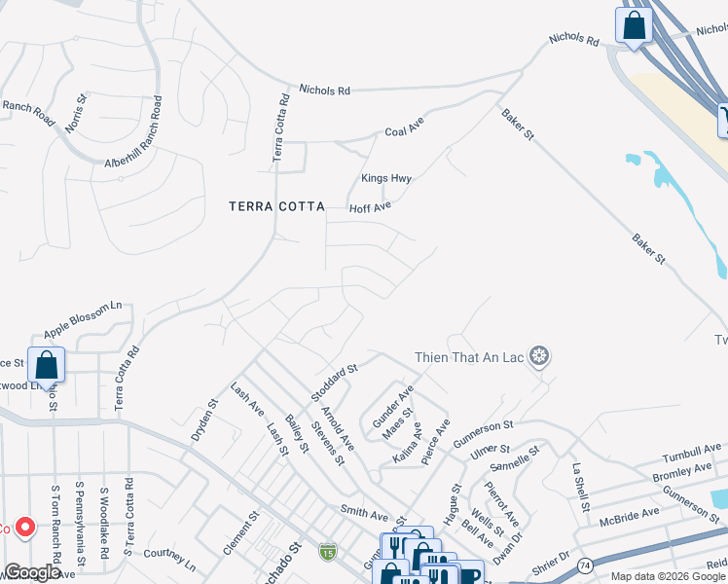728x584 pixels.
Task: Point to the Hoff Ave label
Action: coord(370,206)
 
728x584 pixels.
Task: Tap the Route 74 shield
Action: coord(584,565)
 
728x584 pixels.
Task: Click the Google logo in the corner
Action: coord(32,572)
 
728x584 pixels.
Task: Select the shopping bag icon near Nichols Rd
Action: coord(634,27)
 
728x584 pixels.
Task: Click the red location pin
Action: coord(25,529)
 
